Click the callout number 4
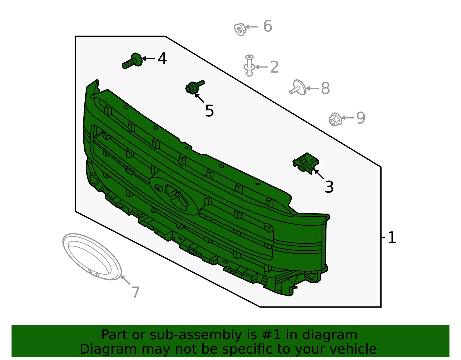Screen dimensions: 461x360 162,58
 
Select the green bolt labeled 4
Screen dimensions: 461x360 132,61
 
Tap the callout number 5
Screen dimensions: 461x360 209,111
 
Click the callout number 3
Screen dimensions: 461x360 329,187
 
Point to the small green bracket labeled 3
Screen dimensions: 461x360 305,163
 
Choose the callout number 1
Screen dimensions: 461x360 392,238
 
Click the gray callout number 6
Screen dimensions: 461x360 268,26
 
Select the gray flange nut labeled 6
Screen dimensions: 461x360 240,29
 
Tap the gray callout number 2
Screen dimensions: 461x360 274,67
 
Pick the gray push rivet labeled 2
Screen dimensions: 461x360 249,65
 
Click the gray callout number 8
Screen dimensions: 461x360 325,88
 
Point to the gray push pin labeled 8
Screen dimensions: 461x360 298,88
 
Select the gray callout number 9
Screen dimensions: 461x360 361,118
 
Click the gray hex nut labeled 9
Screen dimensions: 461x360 335,119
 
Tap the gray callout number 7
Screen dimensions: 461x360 135,292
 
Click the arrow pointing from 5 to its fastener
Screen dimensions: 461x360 199,98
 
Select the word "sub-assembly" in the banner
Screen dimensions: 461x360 195,335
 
